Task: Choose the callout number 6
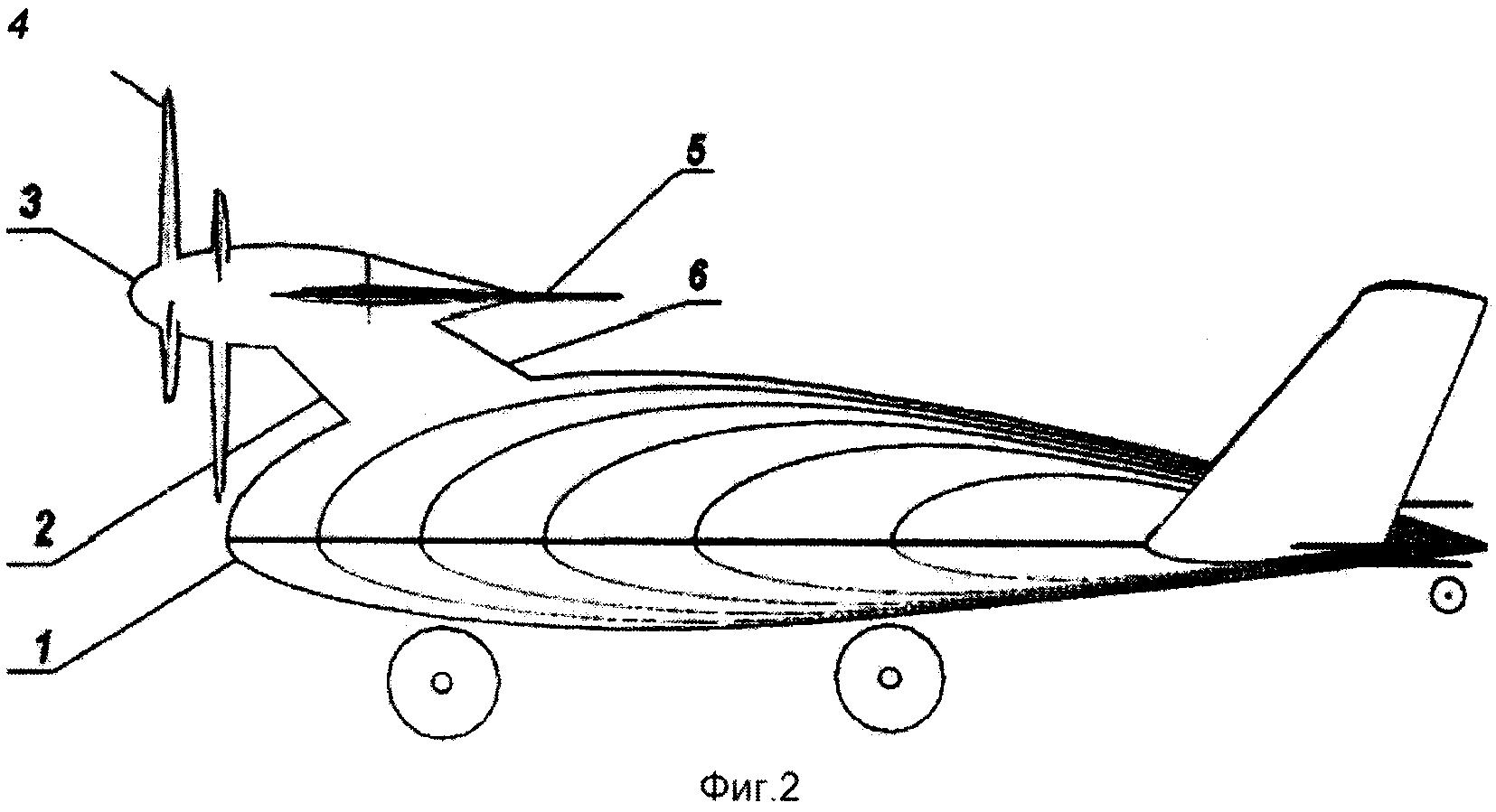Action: [x=697, y=276]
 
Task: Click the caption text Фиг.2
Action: [x=748, y=788]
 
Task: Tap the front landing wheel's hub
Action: [x=442, y=683]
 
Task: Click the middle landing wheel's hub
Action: [x=889, y=678]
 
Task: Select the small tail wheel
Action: [x=1447, y=593]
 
